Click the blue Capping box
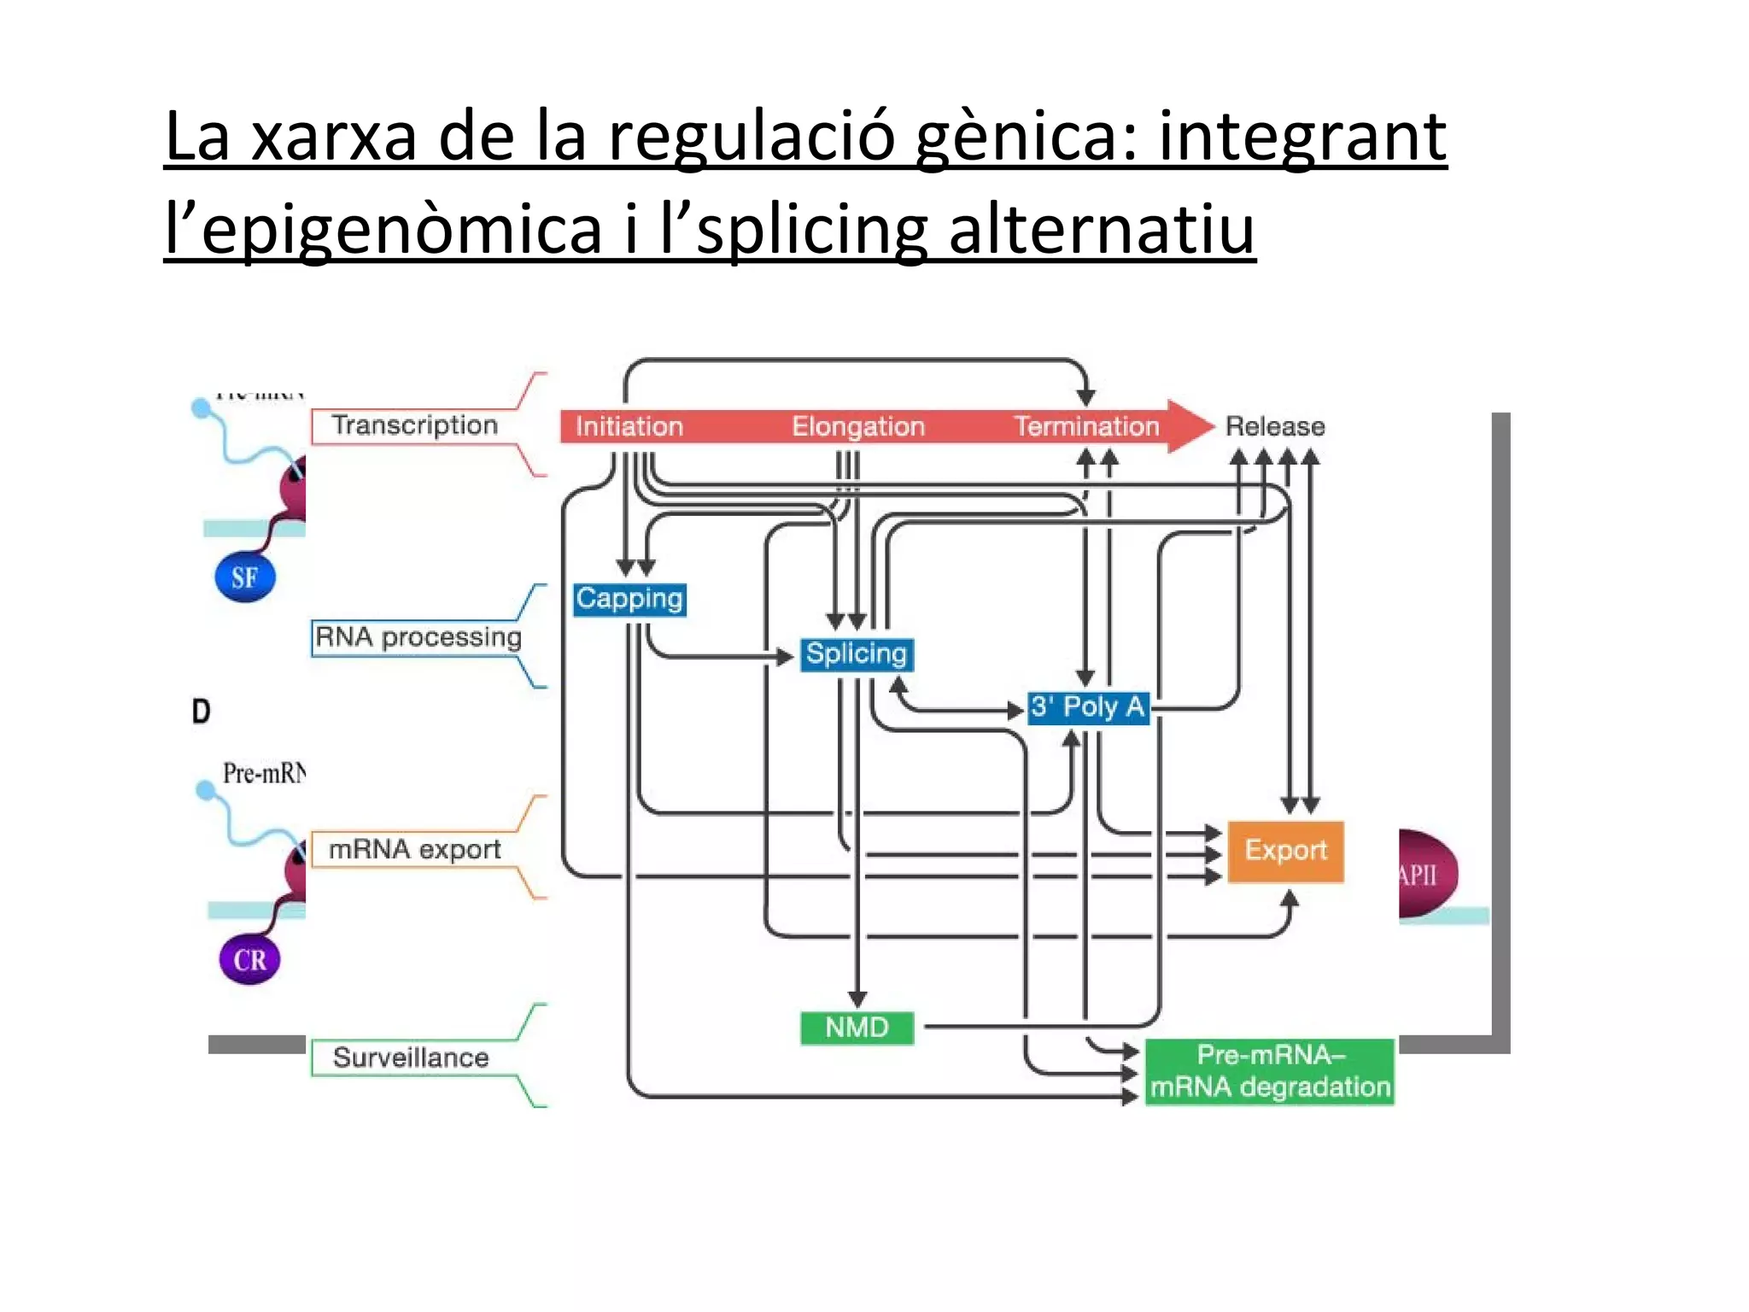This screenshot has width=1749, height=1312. coord(629,599)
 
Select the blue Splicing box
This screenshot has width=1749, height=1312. coord(857,654)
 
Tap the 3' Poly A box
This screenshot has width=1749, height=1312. coord(1087,707)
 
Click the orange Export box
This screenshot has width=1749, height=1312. coord(1285,851)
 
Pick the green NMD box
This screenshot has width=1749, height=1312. coord(857,1028)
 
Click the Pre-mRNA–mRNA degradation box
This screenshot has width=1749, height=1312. coord(1270,1071)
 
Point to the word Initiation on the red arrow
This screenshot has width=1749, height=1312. coord(629,426)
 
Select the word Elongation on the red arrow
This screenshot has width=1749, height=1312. coord(857,426)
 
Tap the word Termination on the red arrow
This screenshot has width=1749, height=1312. coord(1086,426)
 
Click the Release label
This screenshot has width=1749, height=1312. coord(1275,426)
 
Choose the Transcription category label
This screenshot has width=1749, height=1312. coord(414,425)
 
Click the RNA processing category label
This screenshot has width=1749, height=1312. coord(418,637)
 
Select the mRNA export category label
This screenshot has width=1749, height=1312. coord(414,849)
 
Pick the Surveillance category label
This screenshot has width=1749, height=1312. coord(411,1057)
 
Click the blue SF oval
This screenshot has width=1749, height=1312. coord(245,577)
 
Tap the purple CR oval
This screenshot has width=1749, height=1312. coord(249,959)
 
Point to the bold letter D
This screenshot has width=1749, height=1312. coord(202,712)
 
